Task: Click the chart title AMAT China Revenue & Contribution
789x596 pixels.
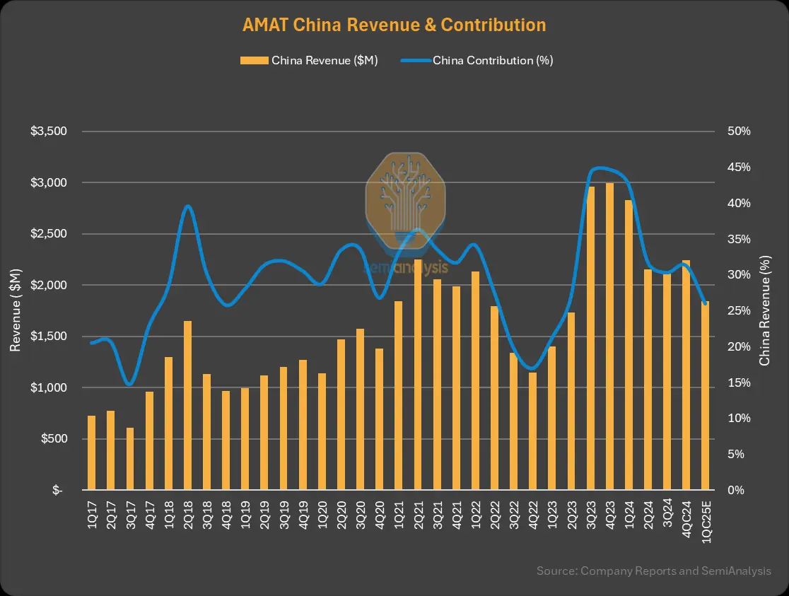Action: [x=394, y=25]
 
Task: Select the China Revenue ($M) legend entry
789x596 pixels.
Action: [x=309, y=61]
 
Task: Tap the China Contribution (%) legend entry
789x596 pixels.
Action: [x=477, y=61]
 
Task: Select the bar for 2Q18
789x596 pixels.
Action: [x=187, y=405]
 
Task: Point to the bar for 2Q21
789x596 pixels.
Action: [x=418, y=374]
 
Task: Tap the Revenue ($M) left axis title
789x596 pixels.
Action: [x=15, y=310]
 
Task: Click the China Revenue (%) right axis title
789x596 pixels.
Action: [x=765, y=310]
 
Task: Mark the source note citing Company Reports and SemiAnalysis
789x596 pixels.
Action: [x=653, y=571]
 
